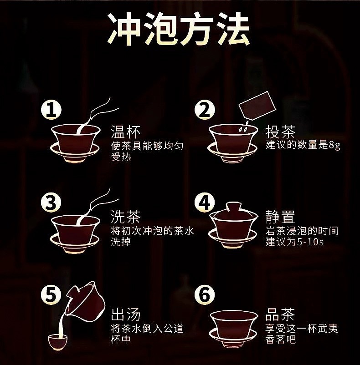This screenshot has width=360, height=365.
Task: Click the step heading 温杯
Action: coord(126,132)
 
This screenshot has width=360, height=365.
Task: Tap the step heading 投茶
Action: coord(280,132)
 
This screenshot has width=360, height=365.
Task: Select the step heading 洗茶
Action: coord(126,217)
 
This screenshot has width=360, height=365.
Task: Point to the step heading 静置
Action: coord(280,217)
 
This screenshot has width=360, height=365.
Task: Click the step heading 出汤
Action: coord(126,314)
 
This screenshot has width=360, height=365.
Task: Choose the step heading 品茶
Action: coord(280,314)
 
